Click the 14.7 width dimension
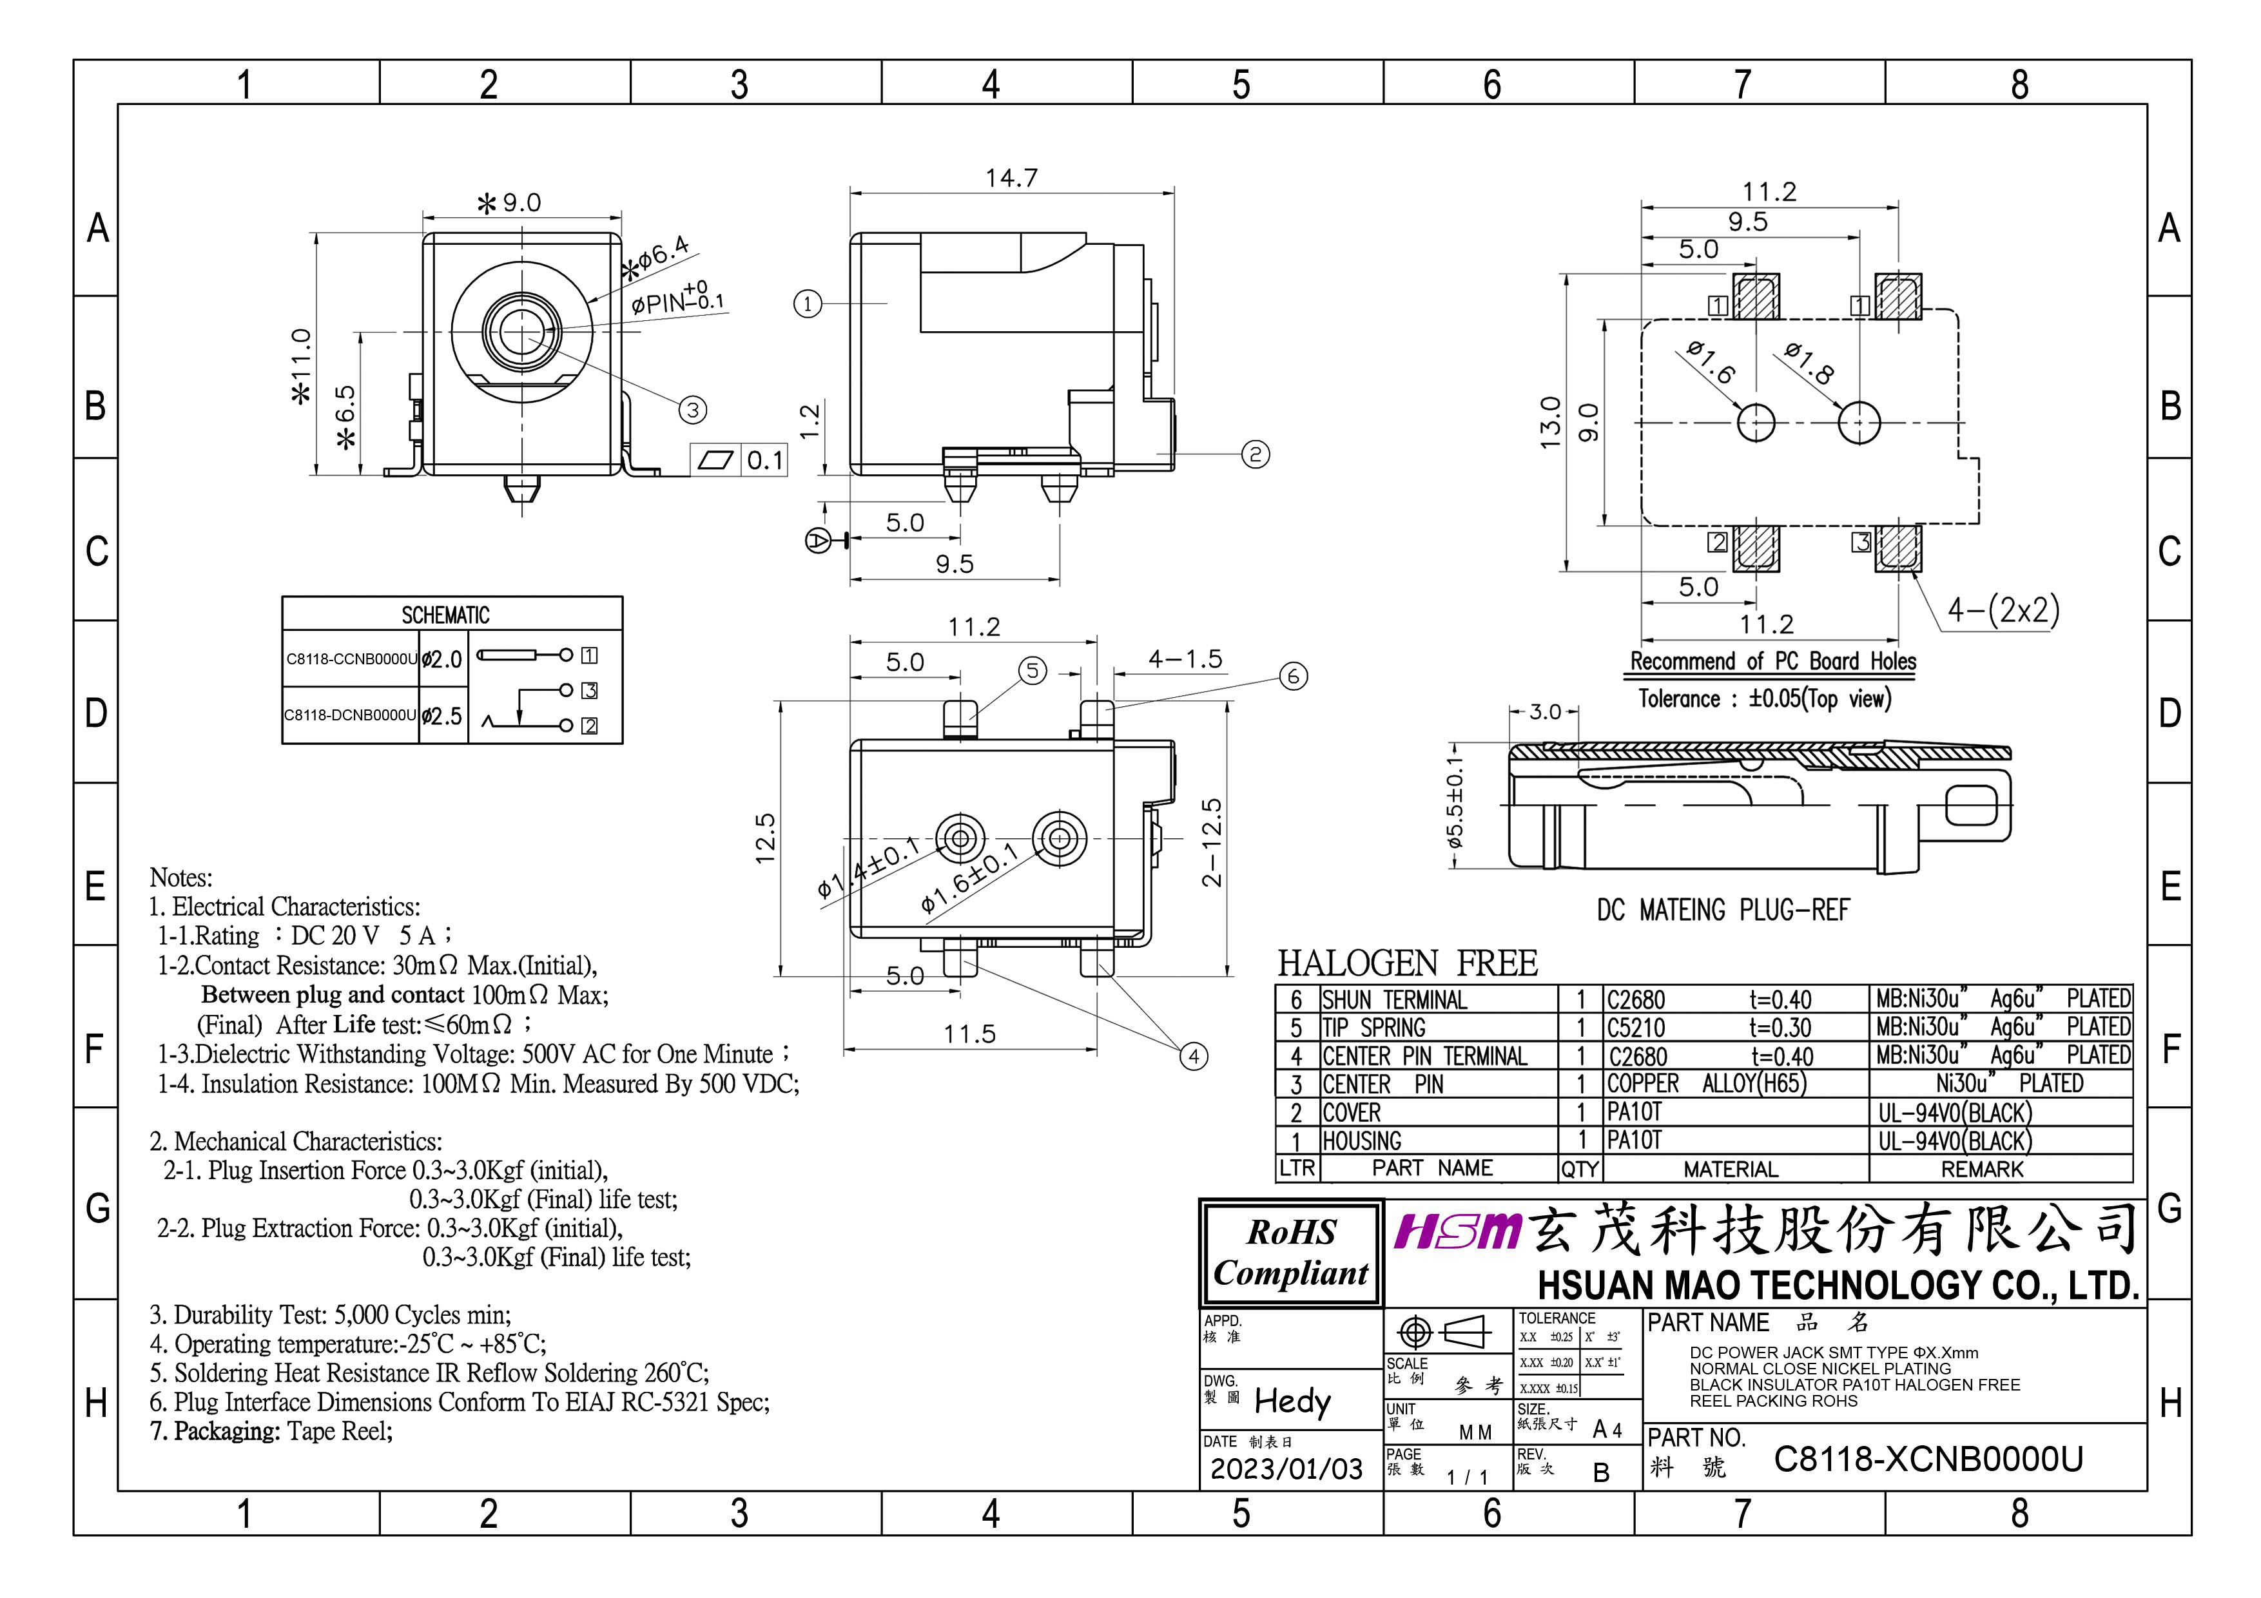click(1011, 178)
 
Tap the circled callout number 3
click(694, 410)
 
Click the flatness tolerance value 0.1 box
click(764, 460)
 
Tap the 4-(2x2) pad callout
click(2003, 610)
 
